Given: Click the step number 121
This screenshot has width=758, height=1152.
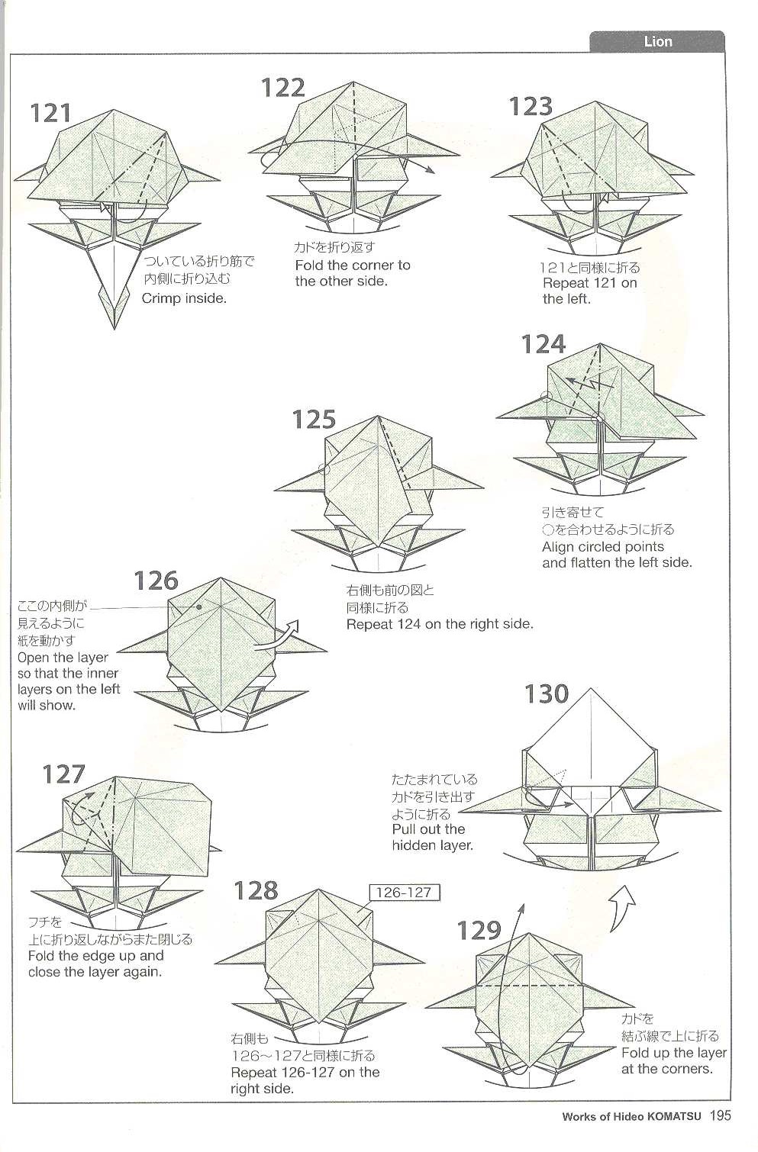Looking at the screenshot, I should (x=50, y=113).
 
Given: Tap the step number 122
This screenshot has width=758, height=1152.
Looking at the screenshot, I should (x=283, y=88).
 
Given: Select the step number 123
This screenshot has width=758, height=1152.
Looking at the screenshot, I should (x=531, y=106).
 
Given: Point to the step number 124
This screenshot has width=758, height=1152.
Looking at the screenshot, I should (x=543, y=345).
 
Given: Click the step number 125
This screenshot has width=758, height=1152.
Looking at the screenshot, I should (x=314, y=420).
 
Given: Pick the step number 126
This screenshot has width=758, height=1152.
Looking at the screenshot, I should (x=156, y=581).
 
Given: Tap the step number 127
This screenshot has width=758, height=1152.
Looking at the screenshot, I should (x=63, y=774).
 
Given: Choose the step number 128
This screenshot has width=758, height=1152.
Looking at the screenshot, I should (x=256, y=890).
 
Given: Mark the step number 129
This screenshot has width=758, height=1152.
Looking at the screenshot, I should (x=479, y=930).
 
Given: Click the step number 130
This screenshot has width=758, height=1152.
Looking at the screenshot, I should (x=547, y=694).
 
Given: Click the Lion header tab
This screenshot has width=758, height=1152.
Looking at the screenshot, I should (x=656, y=41).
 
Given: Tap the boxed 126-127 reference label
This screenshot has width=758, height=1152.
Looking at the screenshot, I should (x=404, y=892).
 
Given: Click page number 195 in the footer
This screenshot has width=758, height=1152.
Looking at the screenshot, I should (x=720, y=1116).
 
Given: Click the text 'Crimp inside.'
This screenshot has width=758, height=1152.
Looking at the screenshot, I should (x=184, y=298).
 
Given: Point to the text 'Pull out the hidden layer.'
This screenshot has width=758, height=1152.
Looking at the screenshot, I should (x=428, y=837).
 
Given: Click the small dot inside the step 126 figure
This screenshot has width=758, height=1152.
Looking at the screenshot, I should (x=198, y=607).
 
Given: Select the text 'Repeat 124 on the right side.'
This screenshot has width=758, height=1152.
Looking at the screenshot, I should (x=439, y=624).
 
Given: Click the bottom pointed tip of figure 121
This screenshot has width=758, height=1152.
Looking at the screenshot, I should (x=115, y=328).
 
